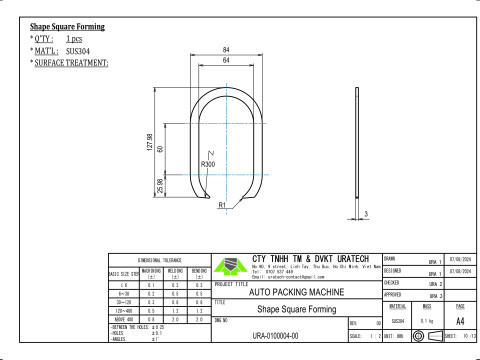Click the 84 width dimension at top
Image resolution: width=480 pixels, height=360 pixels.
coord(227,49)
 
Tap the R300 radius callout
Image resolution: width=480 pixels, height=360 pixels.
coord(208,164)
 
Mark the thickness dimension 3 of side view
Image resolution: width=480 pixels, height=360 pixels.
coord(366,214)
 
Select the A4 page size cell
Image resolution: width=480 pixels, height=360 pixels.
coord(460,321)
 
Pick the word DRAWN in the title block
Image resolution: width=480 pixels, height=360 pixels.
coord(392,259)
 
